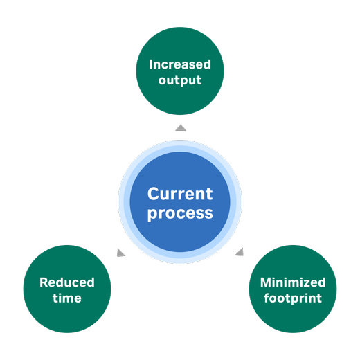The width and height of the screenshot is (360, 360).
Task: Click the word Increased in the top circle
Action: coord(180,65)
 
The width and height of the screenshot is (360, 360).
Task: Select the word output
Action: coord(180,80)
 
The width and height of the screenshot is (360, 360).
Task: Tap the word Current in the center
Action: coord(180,195)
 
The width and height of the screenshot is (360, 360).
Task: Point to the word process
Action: coord(180,213)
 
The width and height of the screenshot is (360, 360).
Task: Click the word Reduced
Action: coord(67,282)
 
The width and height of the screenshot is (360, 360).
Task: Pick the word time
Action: coord(67,298)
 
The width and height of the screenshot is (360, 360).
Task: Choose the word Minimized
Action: coord(293,282)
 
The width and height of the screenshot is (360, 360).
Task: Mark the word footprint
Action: coord(293,299)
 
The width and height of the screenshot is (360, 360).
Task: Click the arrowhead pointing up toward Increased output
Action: coord(180,127)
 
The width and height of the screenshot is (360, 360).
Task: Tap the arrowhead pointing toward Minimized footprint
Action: coord(239,252)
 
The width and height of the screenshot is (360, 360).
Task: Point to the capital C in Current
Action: coord(154,195)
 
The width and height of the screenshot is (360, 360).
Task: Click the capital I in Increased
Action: coord(151,65)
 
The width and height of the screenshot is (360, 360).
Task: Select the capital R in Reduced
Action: coord(43,282)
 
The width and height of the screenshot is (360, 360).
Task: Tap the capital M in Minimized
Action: coord(264,282)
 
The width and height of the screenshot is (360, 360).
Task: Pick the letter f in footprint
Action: coord(267,299)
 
